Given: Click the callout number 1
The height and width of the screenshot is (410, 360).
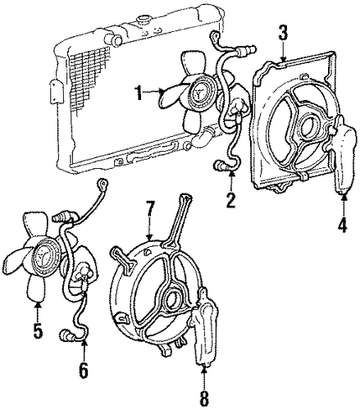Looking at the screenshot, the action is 139,93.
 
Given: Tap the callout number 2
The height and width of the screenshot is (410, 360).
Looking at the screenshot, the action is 230,200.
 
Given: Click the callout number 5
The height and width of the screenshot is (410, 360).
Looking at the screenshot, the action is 38,330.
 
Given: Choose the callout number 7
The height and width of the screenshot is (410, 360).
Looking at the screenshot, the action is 150,209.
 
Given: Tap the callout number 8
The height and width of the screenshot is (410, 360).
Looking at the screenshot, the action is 204,399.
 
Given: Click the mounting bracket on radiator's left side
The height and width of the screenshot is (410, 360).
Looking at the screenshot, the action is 56,92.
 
